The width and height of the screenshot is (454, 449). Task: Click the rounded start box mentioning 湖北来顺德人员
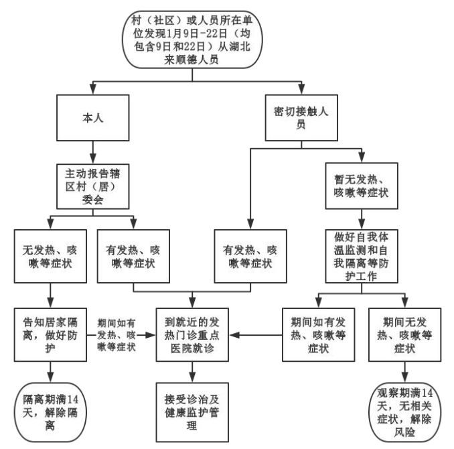coord(192,40)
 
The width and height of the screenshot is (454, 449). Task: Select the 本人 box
coord(93,118)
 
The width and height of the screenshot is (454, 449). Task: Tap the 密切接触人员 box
coord(301,118)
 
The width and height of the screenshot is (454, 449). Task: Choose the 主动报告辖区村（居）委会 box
coord(93,186)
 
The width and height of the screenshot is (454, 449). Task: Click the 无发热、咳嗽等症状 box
coord(50,256)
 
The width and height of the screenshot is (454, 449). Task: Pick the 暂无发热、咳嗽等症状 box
coord(362,186)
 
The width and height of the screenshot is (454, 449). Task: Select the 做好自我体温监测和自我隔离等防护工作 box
coord(362,256)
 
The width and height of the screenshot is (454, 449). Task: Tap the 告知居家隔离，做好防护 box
coord(50,335)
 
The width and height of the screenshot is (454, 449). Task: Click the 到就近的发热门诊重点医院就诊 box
coord(192,335)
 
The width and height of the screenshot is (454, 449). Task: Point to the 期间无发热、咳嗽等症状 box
coord(404,335)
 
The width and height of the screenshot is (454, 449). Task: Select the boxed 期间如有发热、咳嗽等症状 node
coord(319,335)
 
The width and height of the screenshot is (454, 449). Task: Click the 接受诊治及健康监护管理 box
coord(192,412)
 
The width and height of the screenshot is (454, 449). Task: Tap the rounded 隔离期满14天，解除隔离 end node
coord(50,412)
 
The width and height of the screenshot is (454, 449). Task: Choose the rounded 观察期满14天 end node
coord(404,412)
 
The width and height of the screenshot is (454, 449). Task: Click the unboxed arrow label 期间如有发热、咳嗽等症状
coord(117,335)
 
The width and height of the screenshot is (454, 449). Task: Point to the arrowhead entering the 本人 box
coord(93,89)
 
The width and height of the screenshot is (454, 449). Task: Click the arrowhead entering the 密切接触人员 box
coord(301,89)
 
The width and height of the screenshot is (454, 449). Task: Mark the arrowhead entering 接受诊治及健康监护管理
coord(192,377)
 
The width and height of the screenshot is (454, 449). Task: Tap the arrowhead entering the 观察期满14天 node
coord(404,377)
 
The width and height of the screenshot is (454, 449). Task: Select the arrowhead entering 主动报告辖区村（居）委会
coord(93,158)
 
